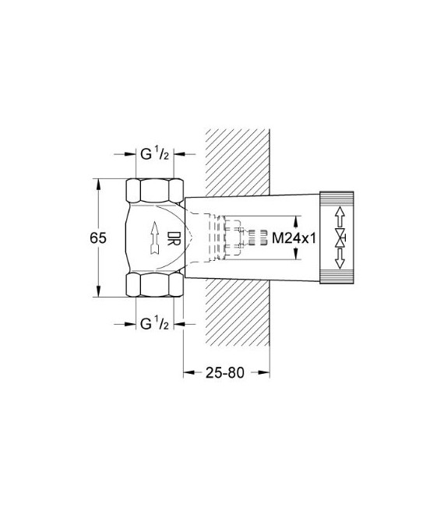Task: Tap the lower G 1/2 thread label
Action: pyautogui.click(x=155, y=323)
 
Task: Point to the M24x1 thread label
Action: pyautogui.click(x=292, y=238)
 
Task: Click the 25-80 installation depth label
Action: pyautogui.click(x=225, y=371)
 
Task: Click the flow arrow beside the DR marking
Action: pyautogui.click(x=156, y=238)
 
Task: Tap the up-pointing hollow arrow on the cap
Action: pyautogui.click(x=339, y=214)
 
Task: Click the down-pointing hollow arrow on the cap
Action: pyautogui.click(x=339, y=262)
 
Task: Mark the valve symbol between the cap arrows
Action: pyautogui.click(x=339, y=238)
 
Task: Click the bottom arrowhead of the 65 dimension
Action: pyautogui.click(x=97, y=292)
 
